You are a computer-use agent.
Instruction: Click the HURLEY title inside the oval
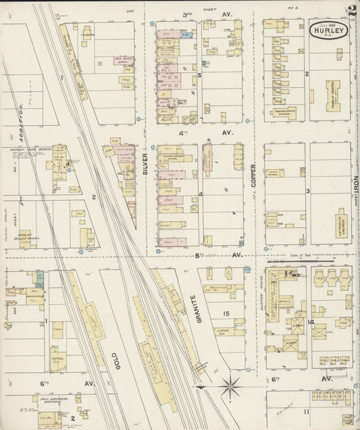click(329, 30)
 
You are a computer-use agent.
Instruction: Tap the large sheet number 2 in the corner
click(352, 11)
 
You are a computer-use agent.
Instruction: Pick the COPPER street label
click(253, 173)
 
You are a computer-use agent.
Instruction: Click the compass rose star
click(230, 387)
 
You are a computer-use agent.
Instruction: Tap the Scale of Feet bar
click(310, 262)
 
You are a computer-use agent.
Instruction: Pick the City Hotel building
click(275, 172)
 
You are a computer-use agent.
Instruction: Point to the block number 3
click(307, 191)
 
